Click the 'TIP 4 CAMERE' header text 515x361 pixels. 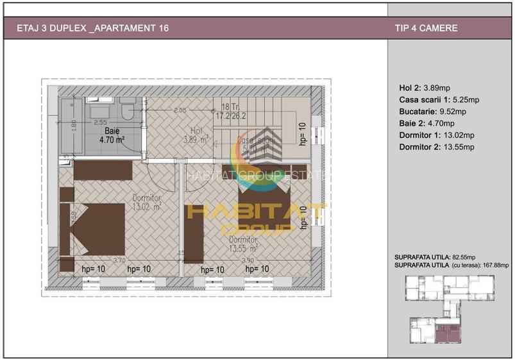click(x=427, y=28)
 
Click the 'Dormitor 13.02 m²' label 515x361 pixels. click(x=147, y=203)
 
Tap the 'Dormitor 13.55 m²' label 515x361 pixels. click(x=243, y=241)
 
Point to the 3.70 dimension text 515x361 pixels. click(x=119, y=260)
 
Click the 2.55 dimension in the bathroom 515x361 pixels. click(x=100, y=122)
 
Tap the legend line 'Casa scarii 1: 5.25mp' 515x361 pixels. click(x=439, y=100)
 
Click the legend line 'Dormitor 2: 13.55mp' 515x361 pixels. click(x=436, y=147)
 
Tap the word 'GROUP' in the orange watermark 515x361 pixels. click(x=257, y=228)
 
